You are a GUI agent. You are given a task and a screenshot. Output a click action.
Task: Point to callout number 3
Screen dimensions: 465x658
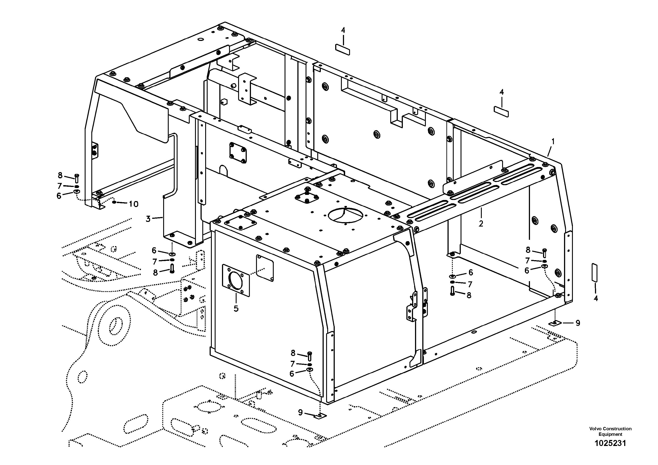tap(148, 219)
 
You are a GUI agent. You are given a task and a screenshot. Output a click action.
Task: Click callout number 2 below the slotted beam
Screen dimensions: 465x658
tap(481, 223)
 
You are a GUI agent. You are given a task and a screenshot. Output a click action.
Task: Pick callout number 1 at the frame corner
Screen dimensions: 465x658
tap(553, 141)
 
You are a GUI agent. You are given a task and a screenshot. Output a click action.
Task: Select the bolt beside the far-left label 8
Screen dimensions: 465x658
tap(77, 178)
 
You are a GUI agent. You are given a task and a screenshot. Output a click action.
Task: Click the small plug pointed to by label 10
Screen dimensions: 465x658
tap(114, 202)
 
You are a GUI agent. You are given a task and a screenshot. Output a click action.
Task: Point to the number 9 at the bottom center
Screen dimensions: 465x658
tap(300, 412)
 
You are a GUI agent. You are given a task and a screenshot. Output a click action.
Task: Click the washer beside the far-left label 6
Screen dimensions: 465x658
tap(77, 192)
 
